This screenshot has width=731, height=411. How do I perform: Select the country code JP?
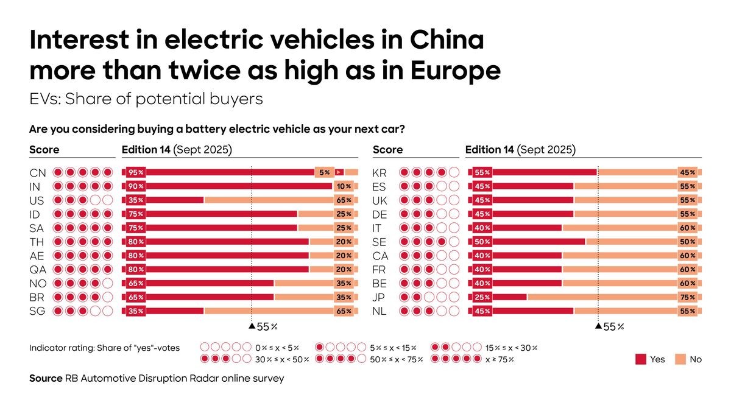tap(379, 297)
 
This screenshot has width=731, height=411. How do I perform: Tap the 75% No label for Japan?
tap(688, 297)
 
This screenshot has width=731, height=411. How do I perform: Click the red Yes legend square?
tap(640, 359)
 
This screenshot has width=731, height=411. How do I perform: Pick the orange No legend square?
tap(679, 359)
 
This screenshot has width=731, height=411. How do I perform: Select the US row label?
tap(37, 200)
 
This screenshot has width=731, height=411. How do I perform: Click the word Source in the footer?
tap(45, 378)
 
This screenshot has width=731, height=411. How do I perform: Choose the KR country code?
tap(380, 173)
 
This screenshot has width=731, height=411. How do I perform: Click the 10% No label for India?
tap(344, 186)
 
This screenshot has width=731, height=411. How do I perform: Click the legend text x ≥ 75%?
tap(499, 359)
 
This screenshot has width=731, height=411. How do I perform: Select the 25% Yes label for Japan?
tap(482, 297)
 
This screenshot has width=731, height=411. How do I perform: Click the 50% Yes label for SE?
tap(482, 242)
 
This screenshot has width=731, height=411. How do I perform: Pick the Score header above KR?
tap(387, 150)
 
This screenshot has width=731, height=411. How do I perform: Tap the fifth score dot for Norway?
tap(108, 283)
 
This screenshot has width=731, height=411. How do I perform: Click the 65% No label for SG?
tap(344, 311)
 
